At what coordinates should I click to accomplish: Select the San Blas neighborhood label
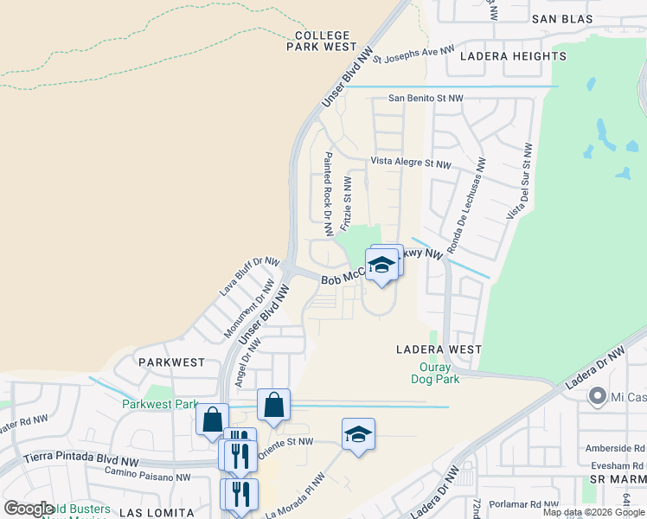tap(561, 18)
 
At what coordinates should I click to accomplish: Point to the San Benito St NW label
tap(425, 98)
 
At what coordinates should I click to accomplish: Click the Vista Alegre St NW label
tap(411, 163)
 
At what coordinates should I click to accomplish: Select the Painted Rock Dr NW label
tap(328, 194)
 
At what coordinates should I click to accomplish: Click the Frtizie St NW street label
tap(346, 204)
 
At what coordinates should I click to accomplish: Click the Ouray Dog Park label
tap(434, 372)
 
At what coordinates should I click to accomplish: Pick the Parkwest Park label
tap(159, 404)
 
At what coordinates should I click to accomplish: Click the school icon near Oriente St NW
tap(358, 434)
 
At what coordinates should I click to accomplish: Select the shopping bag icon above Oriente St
tap(273, 405)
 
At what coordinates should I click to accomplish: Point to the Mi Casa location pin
tap(597, 397)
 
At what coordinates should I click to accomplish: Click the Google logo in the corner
tap(29, 509)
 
